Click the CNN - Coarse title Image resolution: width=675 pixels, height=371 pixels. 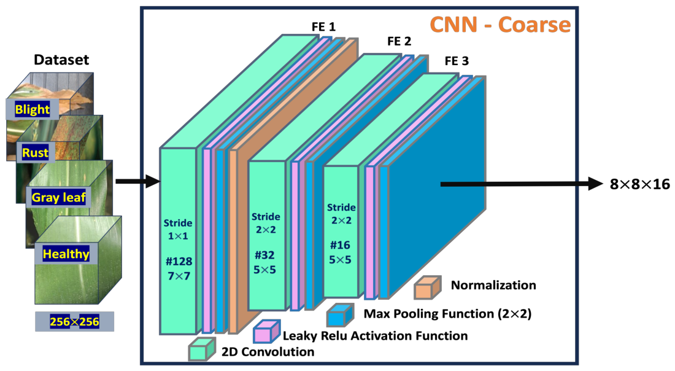pos(500,25)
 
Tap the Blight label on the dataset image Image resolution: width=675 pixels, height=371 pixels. pos(33,109)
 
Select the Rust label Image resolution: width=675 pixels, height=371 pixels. pos(36,152)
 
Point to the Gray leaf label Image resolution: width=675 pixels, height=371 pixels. pos(58,197)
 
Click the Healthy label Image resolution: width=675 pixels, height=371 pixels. pos(66,254)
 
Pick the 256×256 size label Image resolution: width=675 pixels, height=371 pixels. pos(74,321)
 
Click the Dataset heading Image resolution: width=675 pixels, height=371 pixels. pos(61,60)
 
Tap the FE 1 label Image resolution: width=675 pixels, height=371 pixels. pos(323,26)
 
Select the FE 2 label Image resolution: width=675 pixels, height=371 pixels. pos(399,41)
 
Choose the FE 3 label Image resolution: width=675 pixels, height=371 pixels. pos(457,61)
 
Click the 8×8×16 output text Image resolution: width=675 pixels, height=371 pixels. pos(639,184)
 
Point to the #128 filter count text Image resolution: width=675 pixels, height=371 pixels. pos(179,262)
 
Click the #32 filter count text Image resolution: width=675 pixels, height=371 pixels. pos(264,255)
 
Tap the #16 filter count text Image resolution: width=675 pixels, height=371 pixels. pos(340,245)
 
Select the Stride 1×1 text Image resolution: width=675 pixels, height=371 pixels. pos(178,229)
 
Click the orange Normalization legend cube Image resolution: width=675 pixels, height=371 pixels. pos(428,287)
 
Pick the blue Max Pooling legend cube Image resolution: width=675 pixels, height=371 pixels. pos(340,314)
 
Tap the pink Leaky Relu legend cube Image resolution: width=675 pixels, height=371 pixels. pos(267,331)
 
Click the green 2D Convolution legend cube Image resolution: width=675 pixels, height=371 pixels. pos(202,349)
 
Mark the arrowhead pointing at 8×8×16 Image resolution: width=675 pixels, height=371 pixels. pos(595,184)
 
